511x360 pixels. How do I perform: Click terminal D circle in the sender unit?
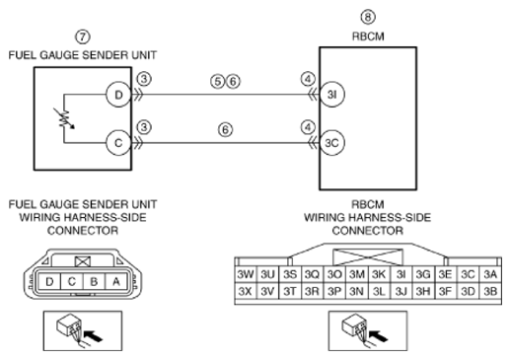pyautogui.click(x=118, y=95)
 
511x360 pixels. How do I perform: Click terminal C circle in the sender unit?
pyautogui.click(x=118, y=143)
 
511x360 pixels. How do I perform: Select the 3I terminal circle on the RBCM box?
pyautogui.click(x=332, y=95)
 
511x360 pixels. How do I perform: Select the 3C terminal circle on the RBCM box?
pyautogui.click(x=332, y=143)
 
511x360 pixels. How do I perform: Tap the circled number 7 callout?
pyautogui.click(x=83, y=36)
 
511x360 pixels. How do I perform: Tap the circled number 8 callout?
pyautogui.click(x=368, y=17)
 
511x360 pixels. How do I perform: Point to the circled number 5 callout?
pyautogui.click(x=217, y=81)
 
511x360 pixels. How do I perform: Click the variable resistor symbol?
pyautogui.click(x=65, y=118)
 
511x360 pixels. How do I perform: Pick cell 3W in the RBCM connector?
pyautogui.click(x=246, y=274)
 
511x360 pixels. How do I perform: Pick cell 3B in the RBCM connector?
pyautogui.click(x=490, y=291)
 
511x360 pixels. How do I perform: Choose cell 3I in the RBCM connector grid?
pyautogui.click(x=401, y=274)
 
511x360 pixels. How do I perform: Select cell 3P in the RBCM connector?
pyautogui.click(x=334, y=291)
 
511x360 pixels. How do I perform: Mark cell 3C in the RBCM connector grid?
pyautogui.click(x=468, y=274)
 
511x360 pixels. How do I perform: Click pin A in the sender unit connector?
pyautogui.click(x=115, y=282)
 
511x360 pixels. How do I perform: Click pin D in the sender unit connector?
pyautogui.click(x=49, y=282)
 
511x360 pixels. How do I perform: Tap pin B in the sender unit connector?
pyautogui.click(x=94, y=282)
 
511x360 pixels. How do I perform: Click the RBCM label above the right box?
pyautogui.click(x=368, y=36)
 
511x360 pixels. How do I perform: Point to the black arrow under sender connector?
pyautogui.click(x=93, y=335)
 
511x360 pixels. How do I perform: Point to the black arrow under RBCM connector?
pyautogui.click(x=378, y=335)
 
